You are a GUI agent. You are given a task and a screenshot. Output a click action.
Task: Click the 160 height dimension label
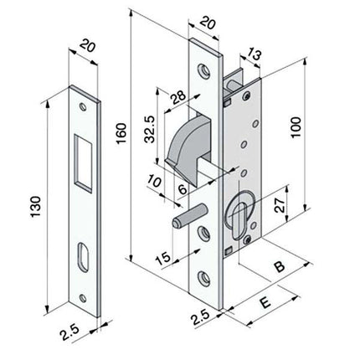tap(121, 133)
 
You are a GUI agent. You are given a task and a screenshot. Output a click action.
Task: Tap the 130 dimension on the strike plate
tap(36, 207)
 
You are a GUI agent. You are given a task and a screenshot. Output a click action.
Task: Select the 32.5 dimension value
tap(150, 129)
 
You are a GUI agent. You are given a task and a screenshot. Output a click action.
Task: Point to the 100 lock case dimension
tap(296, 127)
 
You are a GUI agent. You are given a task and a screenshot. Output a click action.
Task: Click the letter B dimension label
tap(279, 267)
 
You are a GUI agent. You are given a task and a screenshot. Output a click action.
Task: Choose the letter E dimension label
tap(265, 303)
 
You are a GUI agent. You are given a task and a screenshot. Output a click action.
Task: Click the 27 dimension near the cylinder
tap(280, 205)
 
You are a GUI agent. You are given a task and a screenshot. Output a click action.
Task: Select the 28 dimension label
tap(178, 96)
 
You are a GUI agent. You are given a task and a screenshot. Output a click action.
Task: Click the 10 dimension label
tap(154, 181)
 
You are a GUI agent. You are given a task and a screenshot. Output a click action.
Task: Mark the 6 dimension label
tap(183, 190)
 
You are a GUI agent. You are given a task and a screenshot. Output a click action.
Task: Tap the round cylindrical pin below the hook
tap(189, 217)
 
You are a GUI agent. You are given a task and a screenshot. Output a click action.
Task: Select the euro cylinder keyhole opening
tap(238, 220)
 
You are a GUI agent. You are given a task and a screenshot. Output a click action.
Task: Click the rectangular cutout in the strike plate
tap(83, 163)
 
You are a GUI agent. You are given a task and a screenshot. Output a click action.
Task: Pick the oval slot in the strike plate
tap(83, 257)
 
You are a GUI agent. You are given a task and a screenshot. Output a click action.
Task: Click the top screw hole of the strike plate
tap(83, 107)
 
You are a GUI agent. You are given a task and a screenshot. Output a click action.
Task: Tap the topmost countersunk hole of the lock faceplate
tap(204, 71)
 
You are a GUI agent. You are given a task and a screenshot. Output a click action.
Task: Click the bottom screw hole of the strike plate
tap(83, 298)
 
